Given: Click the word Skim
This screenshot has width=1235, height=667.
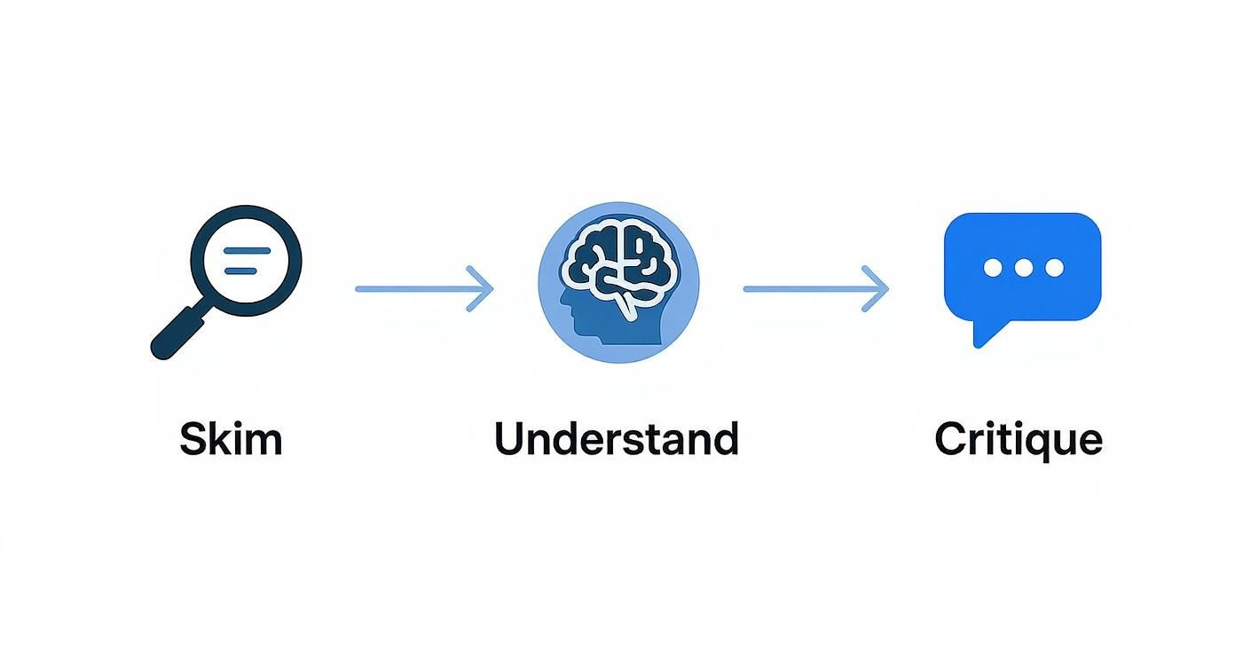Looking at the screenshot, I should (231, 439).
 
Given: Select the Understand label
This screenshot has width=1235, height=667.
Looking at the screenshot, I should (617, 439).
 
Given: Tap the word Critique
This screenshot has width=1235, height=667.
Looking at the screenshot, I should (1019, 440).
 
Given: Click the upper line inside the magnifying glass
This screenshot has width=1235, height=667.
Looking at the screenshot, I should (248, 251).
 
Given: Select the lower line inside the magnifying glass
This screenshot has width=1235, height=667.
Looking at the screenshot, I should (248, 270).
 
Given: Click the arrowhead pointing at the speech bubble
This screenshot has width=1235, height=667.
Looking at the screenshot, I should (878, 289).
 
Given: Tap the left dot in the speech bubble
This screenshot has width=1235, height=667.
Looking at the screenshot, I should (992, 268).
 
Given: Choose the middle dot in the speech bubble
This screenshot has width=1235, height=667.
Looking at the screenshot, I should (1023, 268).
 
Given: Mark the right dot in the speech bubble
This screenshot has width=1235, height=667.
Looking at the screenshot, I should (1054, 268).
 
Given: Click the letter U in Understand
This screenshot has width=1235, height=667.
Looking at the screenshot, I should (512, 438).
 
